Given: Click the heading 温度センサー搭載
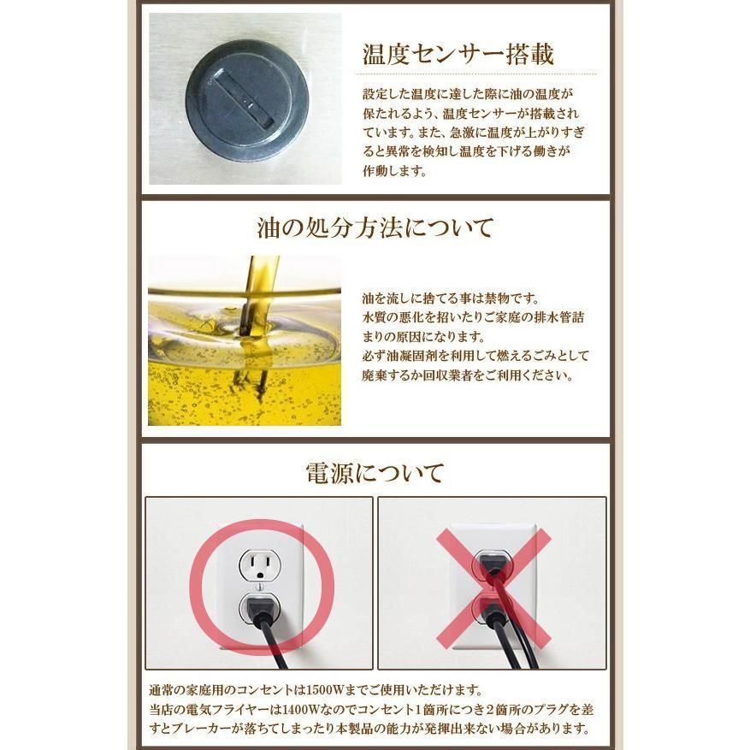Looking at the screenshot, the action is coord(458,54).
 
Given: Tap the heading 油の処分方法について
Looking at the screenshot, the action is coord(375,228).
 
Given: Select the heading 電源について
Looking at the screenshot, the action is coord(375,473).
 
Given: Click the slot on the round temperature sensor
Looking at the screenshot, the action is coord(244,100).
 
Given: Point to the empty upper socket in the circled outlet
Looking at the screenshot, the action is coord(259,565).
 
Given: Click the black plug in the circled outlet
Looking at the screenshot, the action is coord(260,608).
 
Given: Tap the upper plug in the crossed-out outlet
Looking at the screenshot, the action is coord(491,564).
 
